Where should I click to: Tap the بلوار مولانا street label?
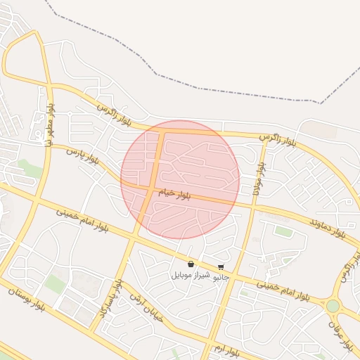click(x=259, y=176)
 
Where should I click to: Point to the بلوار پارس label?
click(x=84, y=156)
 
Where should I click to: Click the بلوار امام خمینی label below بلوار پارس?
click(x=82, y=217)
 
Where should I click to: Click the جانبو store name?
click(x=221, y=277)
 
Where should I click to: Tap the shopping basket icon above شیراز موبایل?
click(x=191, y=264)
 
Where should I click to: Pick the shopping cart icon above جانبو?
click(x=221, y=267)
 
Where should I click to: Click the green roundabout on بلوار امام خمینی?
click(x=332, y=306)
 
